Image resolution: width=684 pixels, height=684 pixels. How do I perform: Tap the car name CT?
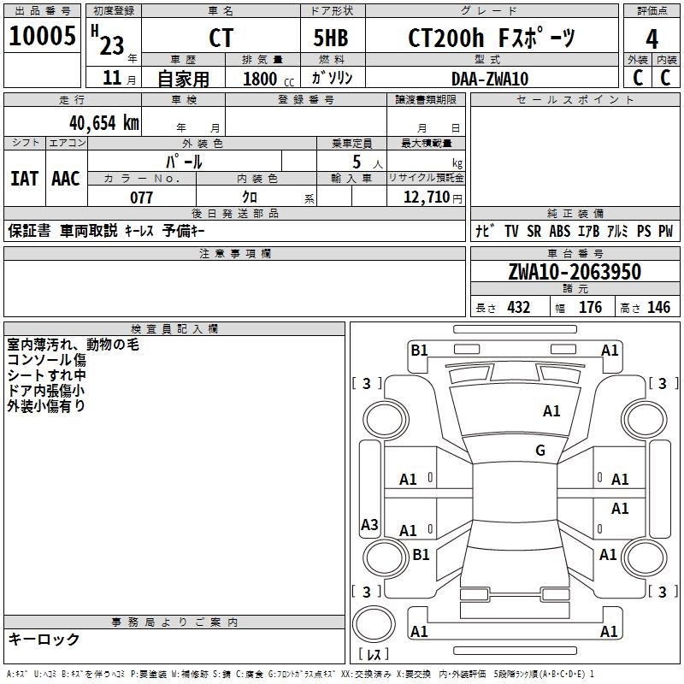pos(221,38)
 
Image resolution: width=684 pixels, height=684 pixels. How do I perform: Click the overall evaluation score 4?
pos(652,39)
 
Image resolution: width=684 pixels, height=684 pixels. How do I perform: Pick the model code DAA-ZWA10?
pos(490,79)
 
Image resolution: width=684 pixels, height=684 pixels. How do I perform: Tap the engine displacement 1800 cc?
pos(262,79)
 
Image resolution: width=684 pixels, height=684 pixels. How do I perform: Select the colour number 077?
pos(142,198)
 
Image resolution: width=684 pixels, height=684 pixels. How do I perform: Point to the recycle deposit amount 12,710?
pos(425,198)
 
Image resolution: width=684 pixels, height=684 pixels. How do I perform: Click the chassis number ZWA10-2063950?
pos(574,272)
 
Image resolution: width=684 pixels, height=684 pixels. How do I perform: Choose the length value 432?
pos(518,308)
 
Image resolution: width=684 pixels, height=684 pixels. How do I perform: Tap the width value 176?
pos(590,308)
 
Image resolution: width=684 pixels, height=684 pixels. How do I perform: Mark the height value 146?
pos(658,308)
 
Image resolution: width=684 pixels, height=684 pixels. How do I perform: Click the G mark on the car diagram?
pos(540,451)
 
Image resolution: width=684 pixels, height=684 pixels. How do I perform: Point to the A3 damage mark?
pos(369,525)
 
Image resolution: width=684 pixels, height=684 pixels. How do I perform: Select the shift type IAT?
pos(24,178)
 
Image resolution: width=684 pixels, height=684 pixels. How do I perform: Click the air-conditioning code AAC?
pos(66,178)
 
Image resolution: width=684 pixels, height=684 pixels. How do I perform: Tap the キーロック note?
pos(44,640)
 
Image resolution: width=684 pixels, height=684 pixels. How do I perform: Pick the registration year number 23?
pos(111,45)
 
